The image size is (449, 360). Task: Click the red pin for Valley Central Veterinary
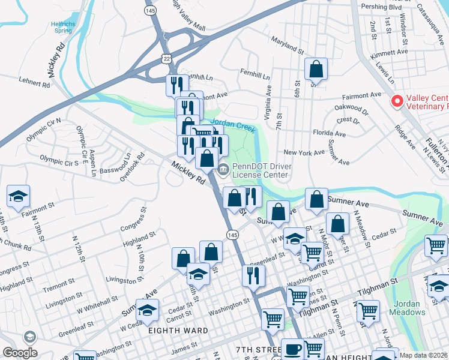click(396, 101)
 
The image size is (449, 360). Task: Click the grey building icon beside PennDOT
click(223, 169)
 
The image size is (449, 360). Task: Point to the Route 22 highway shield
click(166, 56)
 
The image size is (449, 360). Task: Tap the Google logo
click(20, 352)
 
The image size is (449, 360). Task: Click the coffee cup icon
click(293, 349)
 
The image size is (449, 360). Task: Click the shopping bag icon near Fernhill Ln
click(316, 70)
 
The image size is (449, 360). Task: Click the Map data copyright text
click(424, 355)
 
